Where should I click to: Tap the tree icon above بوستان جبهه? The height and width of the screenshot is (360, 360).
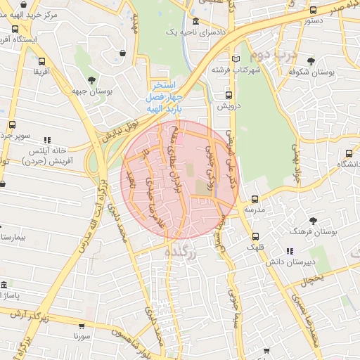point(92,79)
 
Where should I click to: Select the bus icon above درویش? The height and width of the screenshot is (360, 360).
point(229,94)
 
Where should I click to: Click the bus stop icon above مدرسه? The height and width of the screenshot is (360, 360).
point(255,199)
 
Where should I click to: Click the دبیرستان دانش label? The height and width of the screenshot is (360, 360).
point(288,262)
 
